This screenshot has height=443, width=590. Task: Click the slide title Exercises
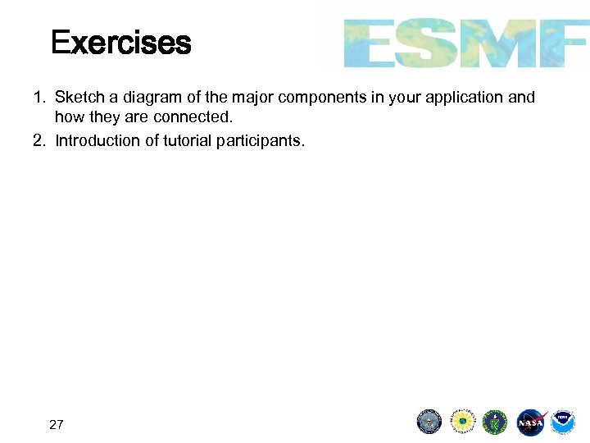click(x=120, y=43)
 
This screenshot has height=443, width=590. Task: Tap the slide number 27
click(x=57, y=424)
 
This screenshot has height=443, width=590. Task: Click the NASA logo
click(x=530, y=422)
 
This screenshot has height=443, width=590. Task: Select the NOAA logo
click(x=563, y=422)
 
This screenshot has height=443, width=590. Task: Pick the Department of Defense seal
click(x=429, y=422)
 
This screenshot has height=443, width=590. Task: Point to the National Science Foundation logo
click(x=463, y=422)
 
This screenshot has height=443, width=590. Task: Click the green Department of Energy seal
click(x=496, y=422)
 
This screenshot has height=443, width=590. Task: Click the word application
click(x=466, y=98)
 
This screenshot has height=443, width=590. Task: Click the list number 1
click(x=38, y=98)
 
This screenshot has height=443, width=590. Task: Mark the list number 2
click(x=38, y=140)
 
